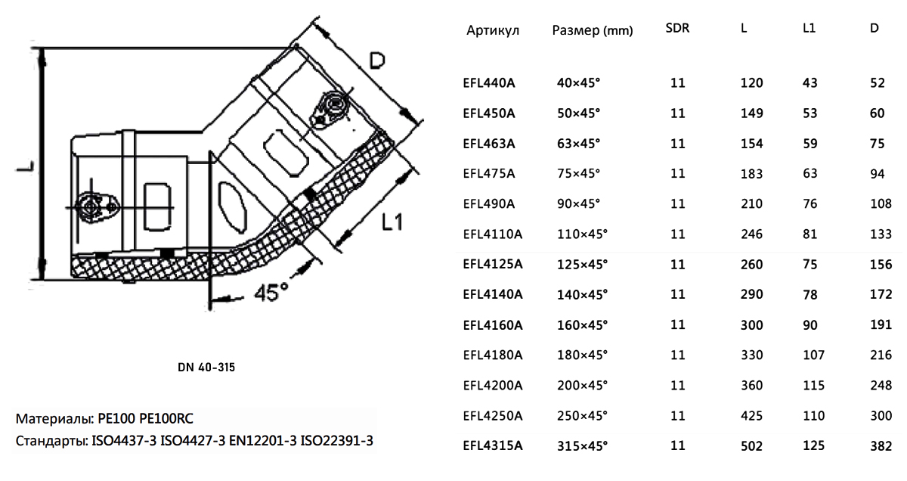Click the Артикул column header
tap(492, 30)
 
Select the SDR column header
tap(677, 28)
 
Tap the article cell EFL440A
tap(489, 83)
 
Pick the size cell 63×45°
tap(578, 144)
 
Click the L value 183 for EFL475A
tap(751, 173)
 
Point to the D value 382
tap(881, 446)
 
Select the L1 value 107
tap(813, 355)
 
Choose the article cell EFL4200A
tap(493, 386)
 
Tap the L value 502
tap(751, 446)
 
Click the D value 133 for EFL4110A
tap(881, 234)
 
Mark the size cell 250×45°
tap(582, 416)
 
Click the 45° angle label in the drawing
tap(271, 292)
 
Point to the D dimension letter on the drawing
tap(377, 61)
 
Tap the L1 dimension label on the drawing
tap(392, 222)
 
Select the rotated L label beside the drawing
tap(26, 166)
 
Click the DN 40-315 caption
tap(206, 367)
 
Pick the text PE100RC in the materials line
tap(166, 418)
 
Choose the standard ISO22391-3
tap(336, 440)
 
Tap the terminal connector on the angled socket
tap(329, 110)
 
